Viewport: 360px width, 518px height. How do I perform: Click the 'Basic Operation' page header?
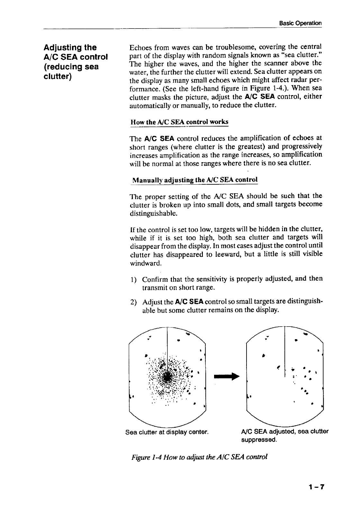click(x=300, y=23)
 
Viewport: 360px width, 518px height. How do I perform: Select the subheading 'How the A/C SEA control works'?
click(x=179, y=122)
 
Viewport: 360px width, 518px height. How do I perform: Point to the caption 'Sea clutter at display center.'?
click(x=167, y=432)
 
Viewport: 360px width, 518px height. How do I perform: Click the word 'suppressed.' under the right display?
click(x=259, y=440)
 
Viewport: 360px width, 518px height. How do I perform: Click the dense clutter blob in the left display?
click(x=168, y=377)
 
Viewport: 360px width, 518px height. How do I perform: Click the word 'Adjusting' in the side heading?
click(x=62, y=48)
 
